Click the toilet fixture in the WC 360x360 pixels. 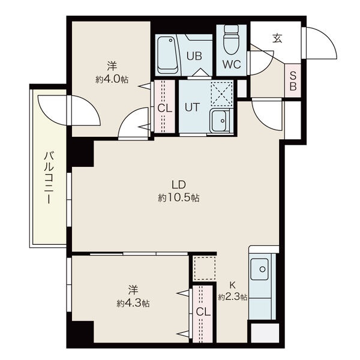point(231,41)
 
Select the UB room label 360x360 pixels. point(194,56)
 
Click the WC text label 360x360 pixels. point(232,65)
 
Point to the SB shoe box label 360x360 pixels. point(293,81)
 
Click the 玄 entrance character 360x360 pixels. point(277,38)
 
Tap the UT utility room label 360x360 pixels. point(193,107)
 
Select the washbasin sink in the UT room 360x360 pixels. point(220,121)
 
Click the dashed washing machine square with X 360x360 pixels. point(221,94)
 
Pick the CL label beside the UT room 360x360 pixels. point(164,109)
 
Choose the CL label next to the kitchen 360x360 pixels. point(203,312)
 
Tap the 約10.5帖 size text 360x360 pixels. point(179,197)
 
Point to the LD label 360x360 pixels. point(179,185)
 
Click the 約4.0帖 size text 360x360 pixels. point(112,79)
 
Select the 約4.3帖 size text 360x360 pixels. point(133,303)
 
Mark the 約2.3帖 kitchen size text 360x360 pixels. point(233,298)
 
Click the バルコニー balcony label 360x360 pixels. point(49,178)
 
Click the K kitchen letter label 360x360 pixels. point(233,286)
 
